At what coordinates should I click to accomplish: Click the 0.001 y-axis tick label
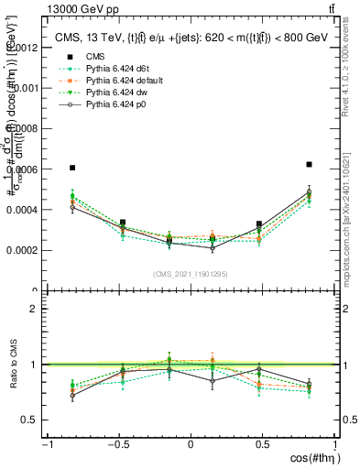point(27,88)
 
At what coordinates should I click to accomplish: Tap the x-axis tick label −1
point(46,445)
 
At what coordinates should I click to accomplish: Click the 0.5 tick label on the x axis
point(263,445)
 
